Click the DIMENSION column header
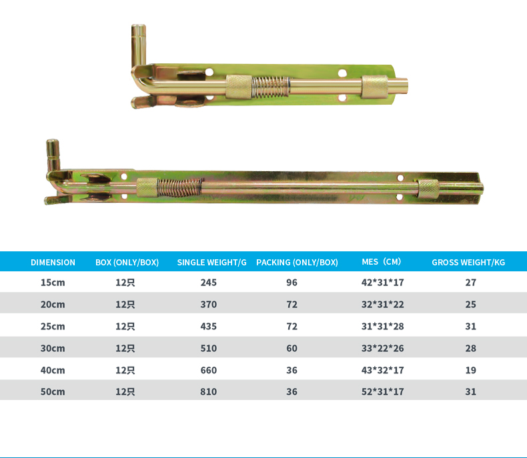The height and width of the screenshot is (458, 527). click(x=53, y=262)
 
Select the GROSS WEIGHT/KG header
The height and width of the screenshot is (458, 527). click(x=468, y=262)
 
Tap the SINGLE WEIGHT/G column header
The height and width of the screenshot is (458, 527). click(x=211, y=262)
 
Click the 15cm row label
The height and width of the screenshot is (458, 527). click(x=53, y=283)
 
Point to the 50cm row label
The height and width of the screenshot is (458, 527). click(x=53, y=391)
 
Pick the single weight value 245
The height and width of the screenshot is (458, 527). click(x=208, y=283)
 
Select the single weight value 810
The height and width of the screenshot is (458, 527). click(x=208, y=391)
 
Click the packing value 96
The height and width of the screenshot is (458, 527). click(x=292, y=283)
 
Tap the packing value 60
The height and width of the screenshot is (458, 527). click(x=292, y=348)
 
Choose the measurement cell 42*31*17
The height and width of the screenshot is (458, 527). click(x=382, y=283)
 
